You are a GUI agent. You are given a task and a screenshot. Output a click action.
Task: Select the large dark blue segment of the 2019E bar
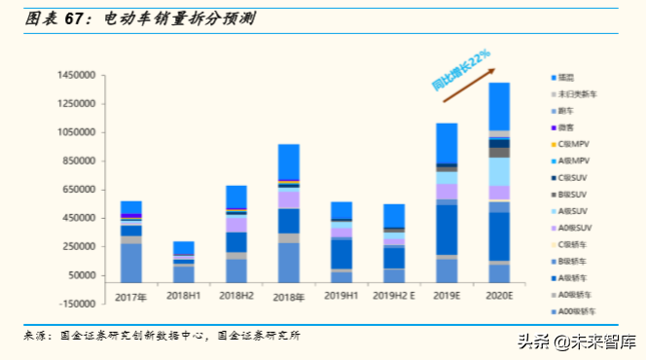click(447, 229)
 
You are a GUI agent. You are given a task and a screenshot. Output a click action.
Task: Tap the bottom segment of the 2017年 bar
click(131, 263)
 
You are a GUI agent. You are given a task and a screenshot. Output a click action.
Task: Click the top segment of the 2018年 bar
click(289, 162)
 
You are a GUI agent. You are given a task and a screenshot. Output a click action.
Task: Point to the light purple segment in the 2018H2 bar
click(235, 224)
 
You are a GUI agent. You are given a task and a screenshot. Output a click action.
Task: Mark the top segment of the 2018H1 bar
click(183, 248)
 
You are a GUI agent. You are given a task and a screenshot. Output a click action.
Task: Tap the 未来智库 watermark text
click(604, 341)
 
